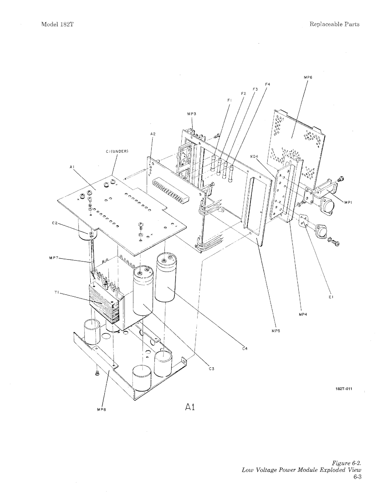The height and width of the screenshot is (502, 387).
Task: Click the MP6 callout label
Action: (x=308, y=78)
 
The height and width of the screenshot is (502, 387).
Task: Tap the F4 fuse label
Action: (x=267, y=84)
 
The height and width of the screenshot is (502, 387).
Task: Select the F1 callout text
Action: (x=229, y=100)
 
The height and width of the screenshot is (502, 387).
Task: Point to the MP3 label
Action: (x=192, y=114)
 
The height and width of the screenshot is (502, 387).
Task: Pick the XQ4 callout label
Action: (x=254, y=156)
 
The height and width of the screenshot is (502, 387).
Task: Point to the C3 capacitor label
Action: (x=211, y=369)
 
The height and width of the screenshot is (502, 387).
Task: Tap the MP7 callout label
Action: (x=53, y=258)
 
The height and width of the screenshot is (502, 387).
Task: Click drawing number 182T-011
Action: (x=344, y=389)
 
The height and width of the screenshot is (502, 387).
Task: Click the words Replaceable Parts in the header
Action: (x=334, y=24)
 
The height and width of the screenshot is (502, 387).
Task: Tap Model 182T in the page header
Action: (x=58, y=24)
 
